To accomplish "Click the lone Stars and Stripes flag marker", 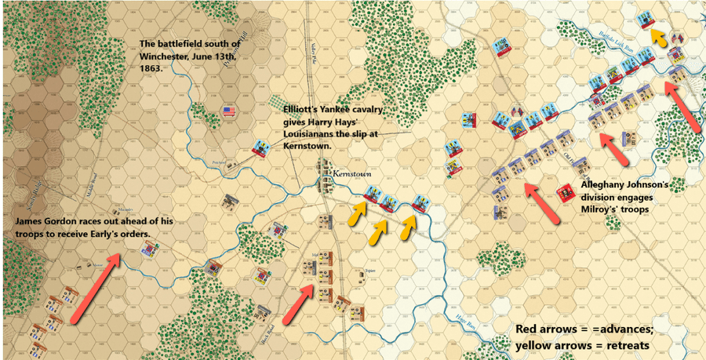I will pos(229,112).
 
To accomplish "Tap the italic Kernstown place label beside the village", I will pos(350,172).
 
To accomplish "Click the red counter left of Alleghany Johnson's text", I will pos(563,193).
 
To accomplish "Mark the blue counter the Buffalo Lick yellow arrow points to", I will pos(647,20).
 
